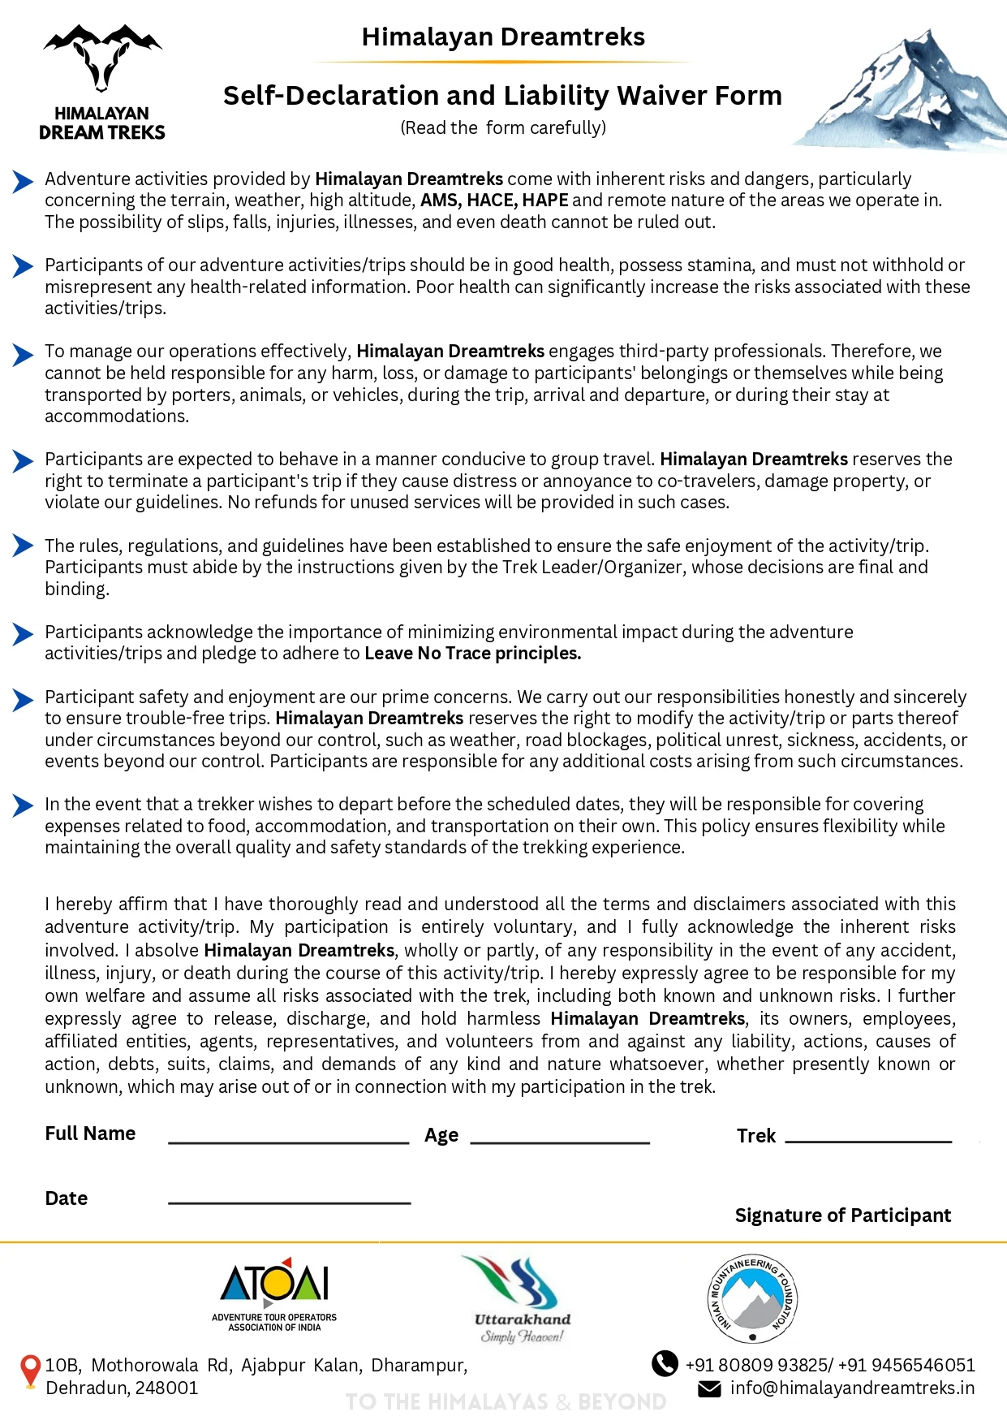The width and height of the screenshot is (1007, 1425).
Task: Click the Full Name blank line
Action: [x=288, y=1141]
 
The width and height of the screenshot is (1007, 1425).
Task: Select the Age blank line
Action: [x=560, y=1141]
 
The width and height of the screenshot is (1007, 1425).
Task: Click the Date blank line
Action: [x=289, y=1202]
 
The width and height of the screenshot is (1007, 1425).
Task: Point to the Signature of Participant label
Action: [x=842, y=1215]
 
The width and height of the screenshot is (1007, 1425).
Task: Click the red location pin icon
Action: [x=30, y=1371]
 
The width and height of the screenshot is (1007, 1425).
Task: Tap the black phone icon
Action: [x=665, y=1363]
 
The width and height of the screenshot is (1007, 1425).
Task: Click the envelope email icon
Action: [x=709, y=1389]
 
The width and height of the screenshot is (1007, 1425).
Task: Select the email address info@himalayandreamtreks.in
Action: [x=852, y=1388]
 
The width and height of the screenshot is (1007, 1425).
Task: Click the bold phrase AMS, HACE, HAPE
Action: [x=494, y=201]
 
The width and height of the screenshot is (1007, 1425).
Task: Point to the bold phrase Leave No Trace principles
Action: [x=472, y=654]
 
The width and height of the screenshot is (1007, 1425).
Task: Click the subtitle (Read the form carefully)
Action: [x=503, y=128]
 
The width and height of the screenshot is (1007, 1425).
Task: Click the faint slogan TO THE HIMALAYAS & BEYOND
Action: [x=506, y=1402]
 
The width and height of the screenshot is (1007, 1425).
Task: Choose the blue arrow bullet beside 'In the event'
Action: [x=23, y=805]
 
